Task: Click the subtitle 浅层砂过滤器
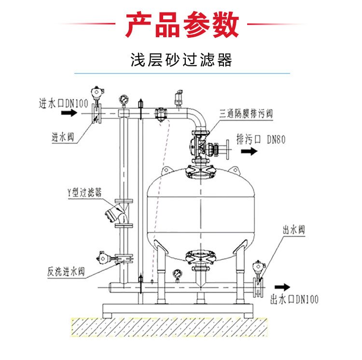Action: (x=181, y=60)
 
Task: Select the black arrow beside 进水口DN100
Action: (x=70, y=113)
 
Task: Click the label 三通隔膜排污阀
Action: (x=246, y=114)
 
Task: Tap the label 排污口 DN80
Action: (x=261, y=140)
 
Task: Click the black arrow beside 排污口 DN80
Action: (x=249, y=152)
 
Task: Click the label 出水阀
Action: (x=294, y=229)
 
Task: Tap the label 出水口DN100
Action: (x=295, y=300)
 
